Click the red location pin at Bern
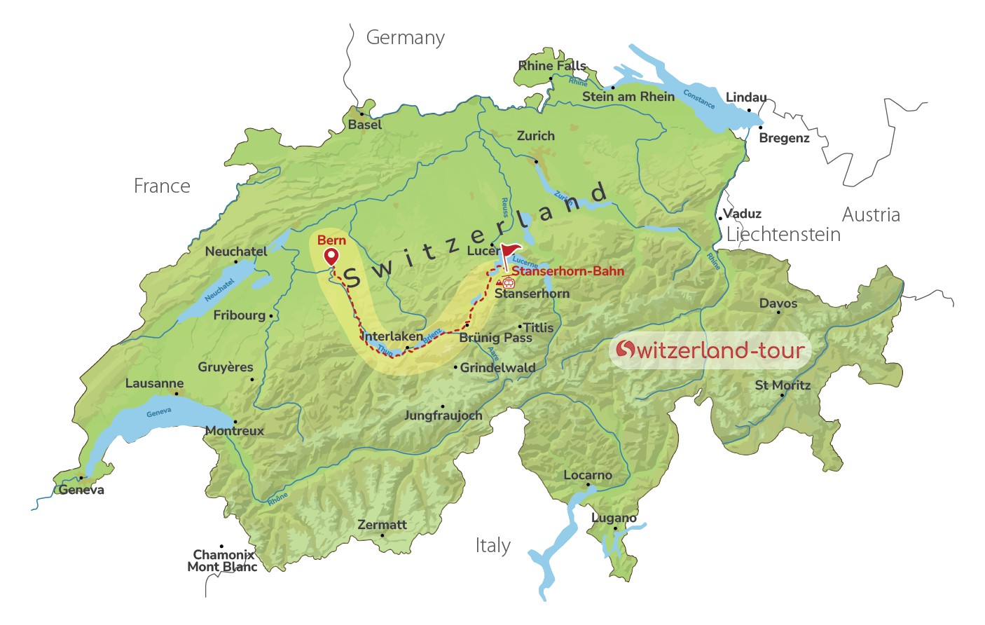point(331,257)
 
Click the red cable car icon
point(508,282)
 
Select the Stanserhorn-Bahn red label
point(567,271)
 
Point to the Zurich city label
point(535,136)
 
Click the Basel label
point(365,125)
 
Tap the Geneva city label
point(82,490)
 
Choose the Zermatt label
point(382,525)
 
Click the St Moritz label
point(783,385)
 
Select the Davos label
point(778,303)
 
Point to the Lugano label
point(614,518)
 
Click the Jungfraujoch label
point(443,415)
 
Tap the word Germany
point(405,38)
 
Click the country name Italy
point(492,546)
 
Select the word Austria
point(871,215)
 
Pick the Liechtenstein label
point(783,235)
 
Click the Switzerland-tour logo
point(710,350)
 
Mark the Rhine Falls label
point(552,66)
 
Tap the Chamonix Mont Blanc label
point(222,561)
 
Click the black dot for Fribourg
point(271,317)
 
